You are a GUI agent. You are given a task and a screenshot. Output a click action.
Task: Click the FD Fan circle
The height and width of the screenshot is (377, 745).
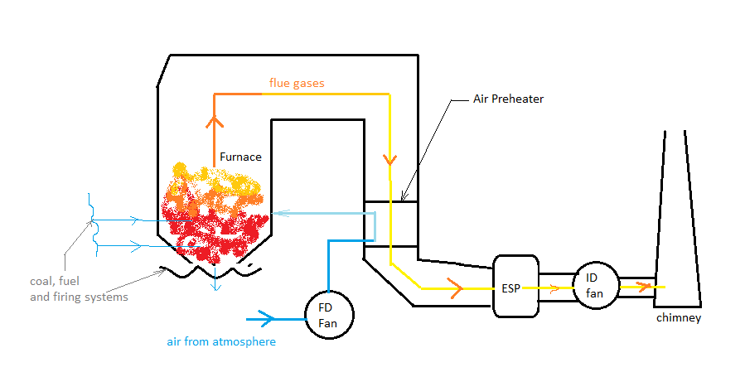(330, 312)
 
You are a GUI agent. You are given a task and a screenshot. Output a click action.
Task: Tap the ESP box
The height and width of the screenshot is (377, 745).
(515, 286)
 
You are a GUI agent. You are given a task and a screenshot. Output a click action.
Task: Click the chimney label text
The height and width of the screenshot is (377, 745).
(679, 318)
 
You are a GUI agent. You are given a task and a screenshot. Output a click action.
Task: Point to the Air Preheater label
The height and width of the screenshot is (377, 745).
(507, 99)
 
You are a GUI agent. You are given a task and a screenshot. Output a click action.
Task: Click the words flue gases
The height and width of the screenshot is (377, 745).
(297, 83)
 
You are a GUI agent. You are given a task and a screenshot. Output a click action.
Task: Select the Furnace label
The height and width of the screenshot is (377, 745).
(240, 156)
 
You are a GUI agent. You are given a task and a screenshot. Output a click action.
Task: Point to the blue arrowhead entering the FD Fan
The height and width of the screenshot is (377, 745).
(267, 317)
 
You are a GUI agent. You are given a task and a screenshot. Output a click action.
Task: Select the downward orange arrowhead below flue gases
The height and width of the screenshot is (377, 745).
(389, 158)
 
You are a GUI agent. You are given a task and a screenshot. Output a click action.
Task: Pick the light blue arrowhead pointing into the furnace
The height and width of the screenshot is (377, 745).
(278, 212)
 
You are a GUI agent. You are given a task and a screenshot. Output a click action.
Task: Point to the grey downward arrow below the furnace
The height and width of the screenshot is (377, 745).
(216, 284)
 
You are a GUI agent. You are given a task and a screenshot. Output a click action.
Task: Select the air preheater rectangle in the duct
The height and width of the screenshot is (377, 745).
(389, 224)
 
